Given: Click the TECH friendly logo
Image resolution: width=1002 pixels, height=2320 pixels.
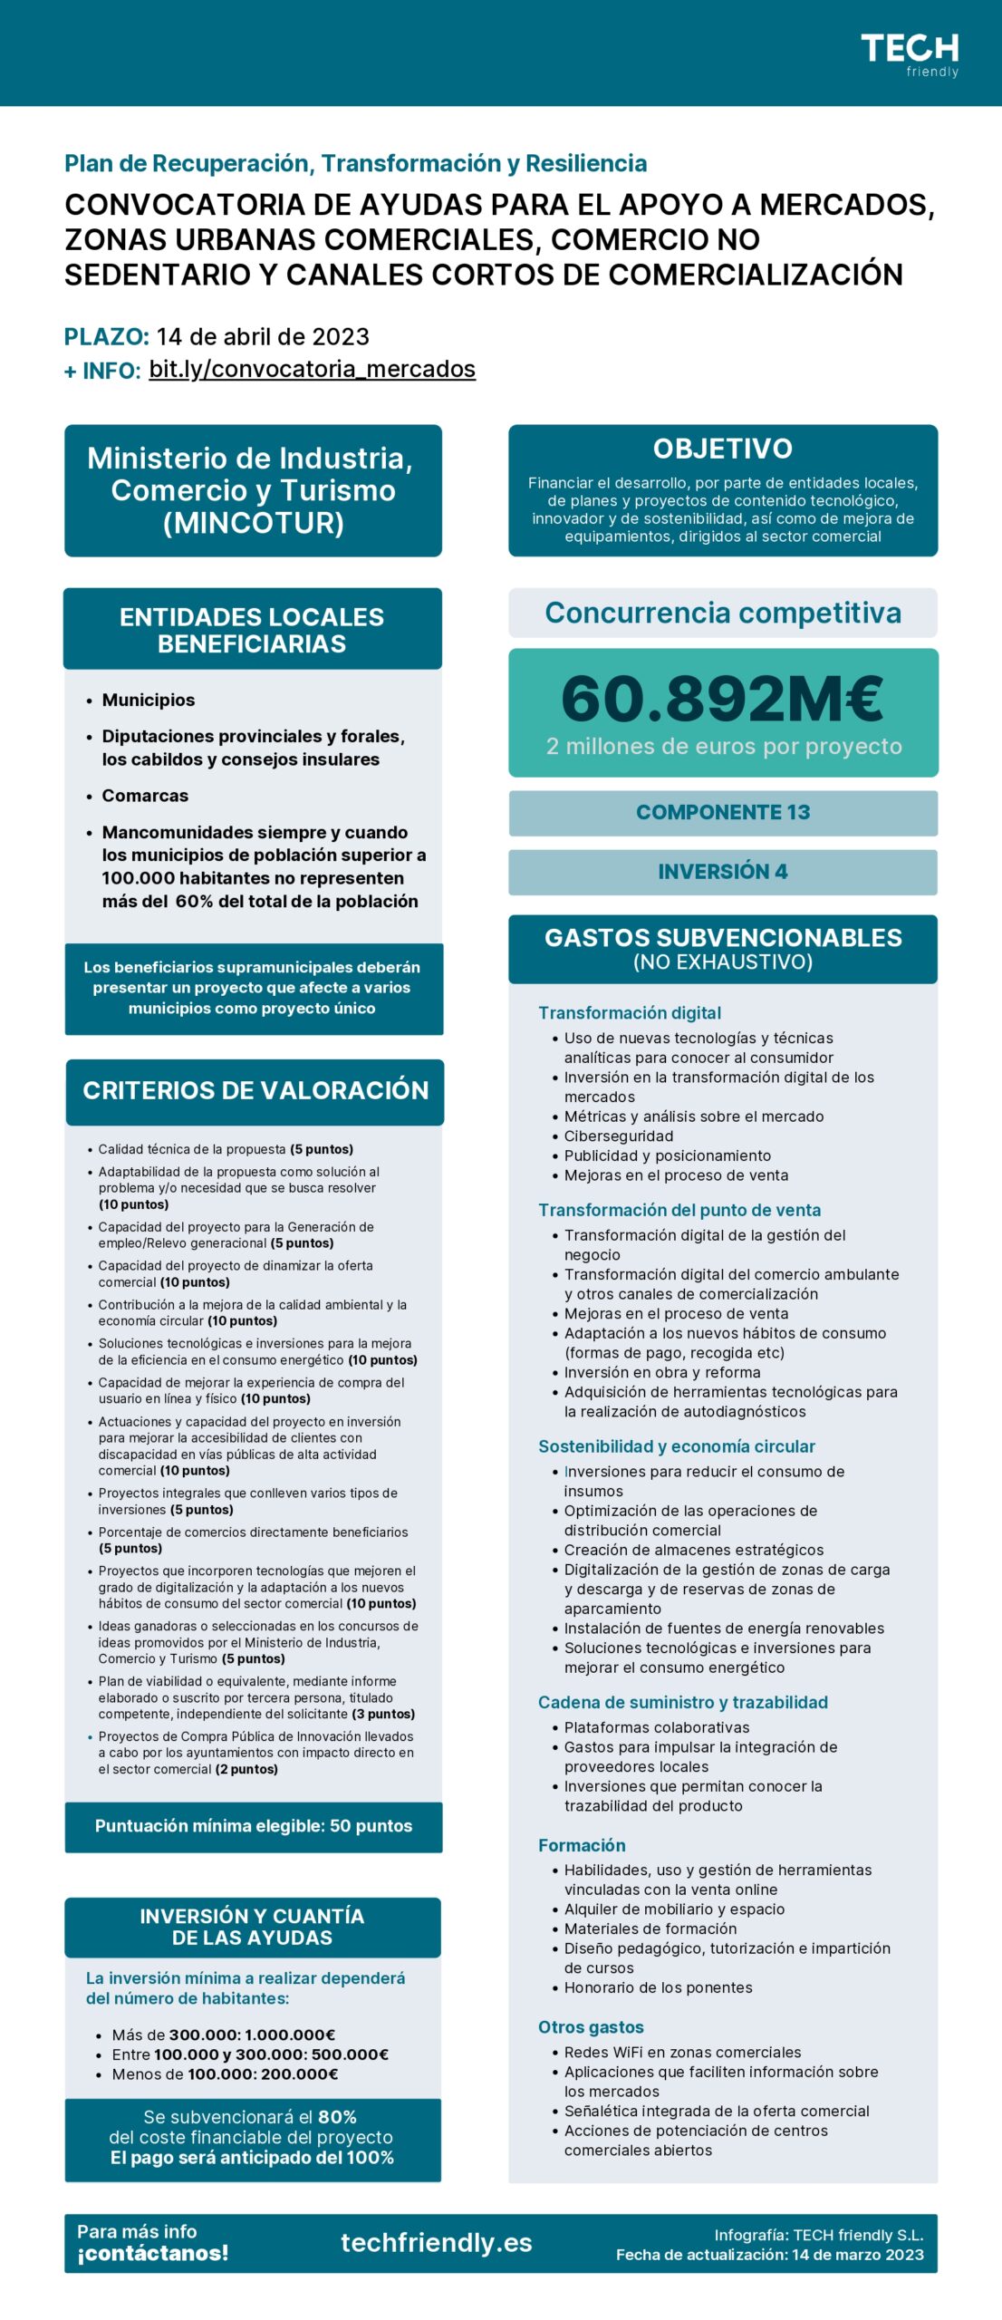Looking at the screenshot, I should (x=909, y=55).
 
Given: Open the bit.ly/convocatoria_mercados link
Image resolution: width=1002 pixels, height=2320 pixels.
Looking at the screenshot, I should (x=312, y=369).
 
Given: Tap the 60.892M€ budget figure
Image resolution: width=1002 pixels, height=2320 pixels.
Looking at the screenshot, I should (x=722, y=699).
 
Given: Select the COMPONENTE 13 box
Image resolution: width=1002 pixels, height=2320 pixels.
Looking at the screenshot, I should (x=722, y=812).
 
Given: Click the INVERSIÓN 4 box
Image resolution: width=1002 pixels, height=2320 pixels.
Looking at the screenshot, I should (x=722, y=871).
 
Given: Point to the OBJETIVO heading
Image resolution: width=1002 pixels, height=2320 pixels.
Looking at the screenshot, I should (x=722, y=449).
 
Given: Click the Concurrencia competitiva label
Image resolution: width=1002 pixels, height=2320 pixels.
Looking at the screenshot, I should (x=722, y=613).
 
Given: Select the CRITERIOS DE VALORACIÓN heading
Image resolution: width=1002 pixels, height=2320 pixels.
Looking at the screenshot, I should (x=255, y=1090).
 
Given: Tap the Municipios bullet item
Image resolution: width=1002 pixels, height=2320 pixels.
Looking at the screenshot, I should (x=148, y=700).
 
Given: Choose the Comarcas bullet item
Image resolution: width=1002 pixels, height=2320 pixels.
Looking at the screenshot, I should (x=145, y=796).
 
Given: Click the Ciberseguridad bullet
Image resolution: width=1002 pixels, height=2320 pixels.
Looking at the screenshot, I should (x=618, y=1136).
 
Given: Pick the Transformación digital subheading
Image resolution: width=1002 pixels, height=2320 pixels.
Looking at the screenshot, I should (x=629, y=1012).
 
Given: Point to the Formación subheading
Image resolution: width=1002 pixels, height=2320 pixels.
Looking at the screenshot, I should (x=582, y=1845).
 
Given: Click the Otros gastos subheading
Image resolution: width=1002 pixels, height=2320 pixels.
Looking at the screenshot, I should (x=591, y=2027).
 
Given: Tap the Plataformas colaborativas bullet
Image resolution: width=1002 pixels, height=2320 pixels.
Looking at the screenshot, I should (x=656, y=1727).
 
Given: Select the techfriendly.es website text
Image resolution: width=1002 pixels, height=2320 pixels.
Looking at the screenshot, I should (x=436, y=2242).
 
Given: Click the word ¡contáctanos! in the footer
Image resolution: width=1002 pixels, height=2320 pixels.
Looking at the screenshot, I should (x=152, y=2253).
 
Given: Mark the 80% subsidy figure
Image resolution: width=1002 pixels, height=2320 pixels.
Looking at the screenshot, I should (x=337, y=2117).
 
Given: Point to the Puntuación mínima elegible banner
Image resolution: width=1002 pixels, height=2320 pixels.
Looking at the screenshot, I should (x=253, y=1826).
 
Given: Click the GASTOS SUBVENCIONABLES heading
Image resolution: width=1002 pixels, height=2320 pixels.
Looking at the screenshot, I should (x=722, y=938).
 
